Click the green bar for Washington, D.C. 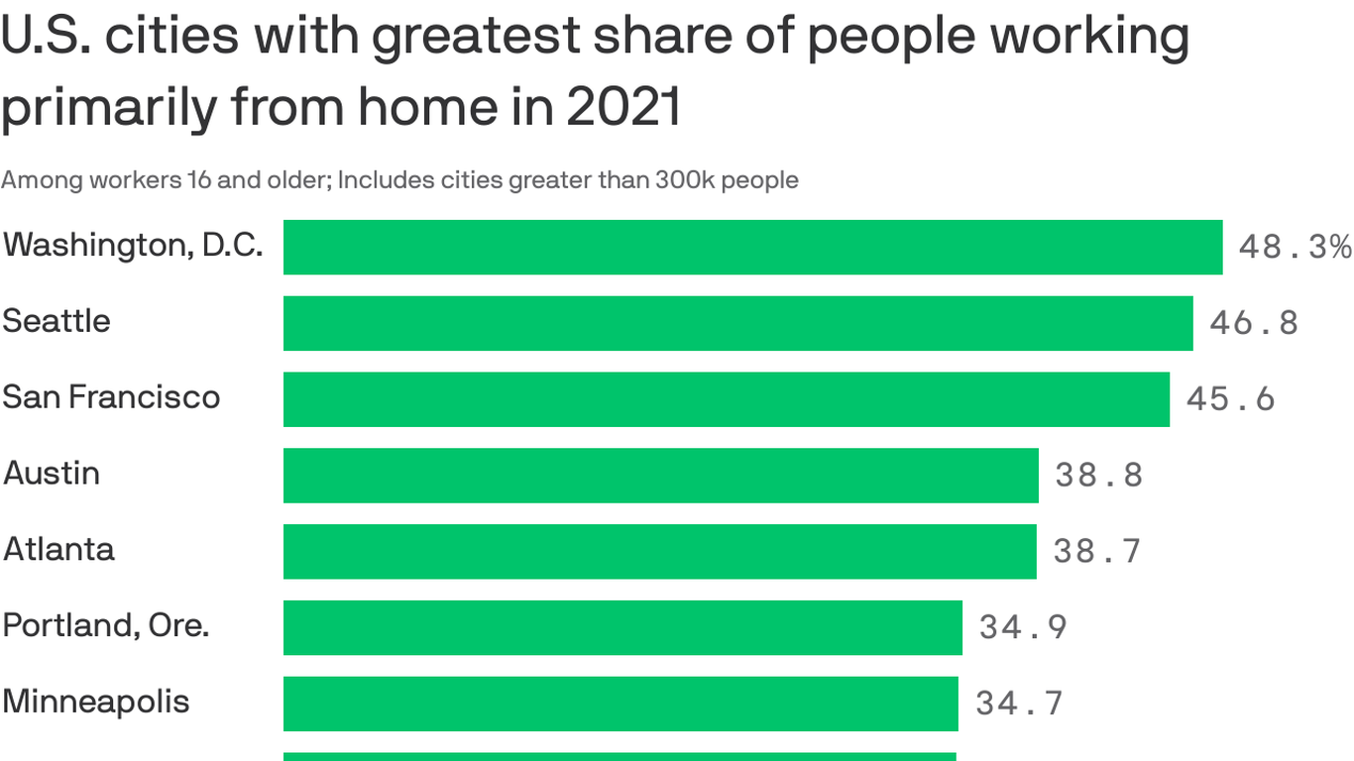point(752,247)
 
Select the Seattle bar point(737,323)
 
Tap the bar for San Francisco point(726,399)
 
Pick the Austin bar point(660,476)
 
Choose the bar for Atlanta point(659,551)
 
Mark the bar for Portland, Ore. point(622,627)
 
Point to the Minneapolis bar point(621,704)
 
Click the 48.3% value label point(1295,247)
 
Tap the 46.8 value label point(1253,323)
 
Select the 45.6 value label point(1230,399)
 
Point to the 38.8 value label point(1098,476)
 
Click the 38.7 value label point(1096,551)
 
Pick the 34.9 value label point(1023,627)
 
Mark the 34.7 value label point(1019,704)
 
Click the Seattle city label point(56,321)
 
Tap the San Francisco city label point(111,397)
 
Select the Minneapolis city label point(95,702)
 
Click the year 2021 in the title point(624,107)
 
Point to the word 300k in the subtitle point(686,180)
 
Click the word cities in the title point(171,36)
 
